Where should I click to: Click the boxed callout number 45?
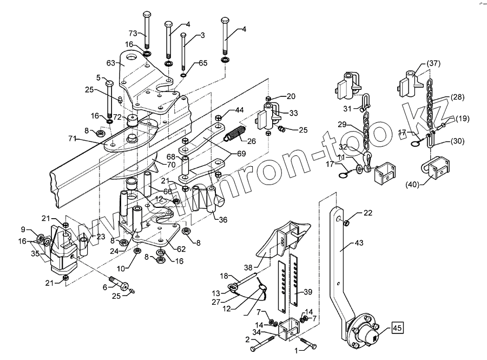(398, 328)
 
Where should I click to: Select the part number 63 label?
(111, 63)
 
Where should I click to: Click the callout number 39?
(308, 292)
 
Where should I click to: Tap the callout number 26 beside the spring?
(251, 142)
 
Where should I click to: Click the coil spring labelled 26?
(234, 133)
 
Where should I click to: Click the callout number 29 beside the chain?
(342, 125)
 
